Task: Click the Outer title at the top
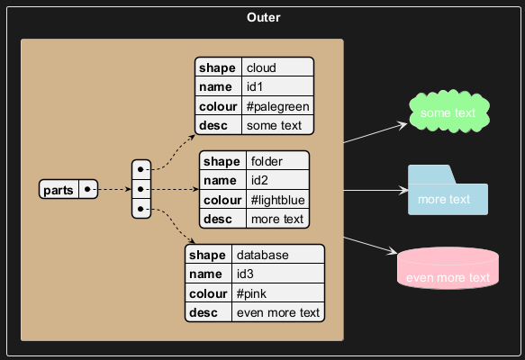point(264,17)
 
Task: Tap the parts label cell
point(59,189)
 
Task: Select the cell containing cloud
point(277,67)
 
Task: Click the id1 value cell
point(277,86)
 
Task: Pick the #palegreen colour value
point(277,105)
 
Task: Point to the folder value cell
point(277,160)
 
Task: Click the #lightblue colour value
point(277,200)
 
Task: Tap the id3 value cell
point(278,274)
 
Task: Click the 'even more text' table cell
point(278,312)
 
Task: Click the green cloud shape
point(449,111)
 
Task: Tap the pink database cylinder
point(448,268)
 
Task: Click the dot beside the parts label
point(87,189)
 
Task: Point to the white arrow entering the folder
point(376,191)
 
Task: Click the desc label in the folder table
point(218,219)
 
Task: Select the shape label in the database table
point(207,255)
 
